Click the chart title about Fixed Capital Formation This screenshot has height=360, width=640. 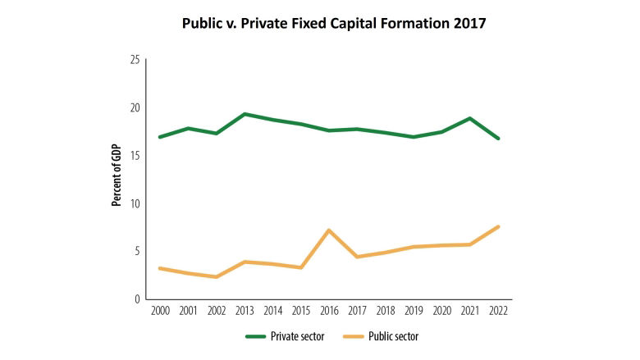click(334, 24)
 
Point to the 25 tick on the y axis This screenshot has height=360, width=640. click(135, 60)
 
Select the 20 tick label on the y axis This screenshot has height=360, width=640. click(135, 107)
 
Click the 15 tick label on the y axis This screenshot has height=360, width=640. click(135, 156)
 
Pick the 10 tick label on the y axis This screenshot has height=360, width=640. click(135, 203)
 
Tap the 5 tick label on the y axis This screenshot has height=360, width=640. click(138, 251)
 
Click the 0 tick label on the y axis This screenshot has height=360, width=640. click(138, 299)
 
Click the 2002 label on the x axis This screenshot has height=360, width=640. click(216, 312)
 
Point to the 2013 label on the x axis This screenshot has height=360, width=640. click(245, 312)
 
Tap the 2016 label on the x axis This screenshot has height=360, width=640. click(329, 312)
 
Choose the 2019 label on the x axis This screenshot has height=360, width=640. click(414, 312)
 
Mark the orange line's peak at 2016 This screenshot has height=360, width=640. click(329, 230)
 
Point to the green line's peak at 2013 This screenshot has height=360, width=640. click(245, 114)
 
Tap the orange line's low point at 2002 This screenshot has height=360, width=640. click(216, 277)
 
